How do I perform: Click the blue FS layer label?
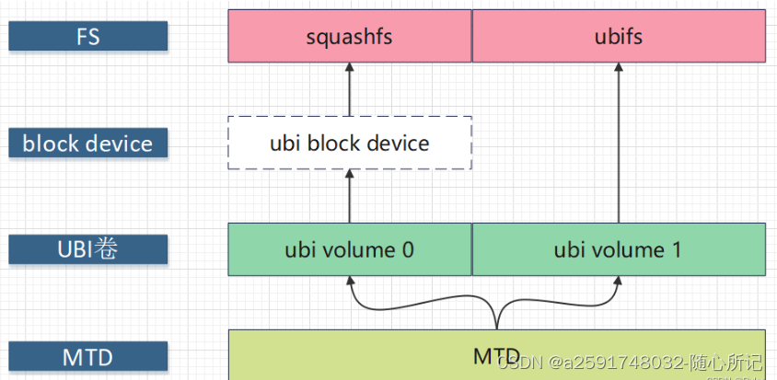pos(88,36)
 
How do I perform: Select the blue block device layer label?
pos(88,144)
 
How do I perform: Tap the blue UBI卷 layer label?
pos(88,249)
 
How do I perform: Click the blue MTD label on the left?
pos(88,356)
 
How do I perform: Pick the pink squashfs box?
pos(350,37)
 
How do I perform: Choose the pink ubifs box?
pos(618,37)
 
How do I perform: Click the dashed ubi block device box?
pos(350,144)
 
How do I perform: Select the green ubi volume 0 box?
pos(350,249)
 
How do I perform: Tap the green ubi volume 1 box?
pos(618,249)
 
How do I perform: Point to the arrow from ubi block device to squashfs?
pos(350,90)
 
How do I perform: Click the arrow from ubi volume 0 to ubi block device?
pos(350,197)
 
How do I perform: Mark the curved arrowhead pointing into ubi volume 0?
pos(350,282)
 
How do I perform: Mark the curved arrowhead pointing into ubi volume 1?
pos(618,282)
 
